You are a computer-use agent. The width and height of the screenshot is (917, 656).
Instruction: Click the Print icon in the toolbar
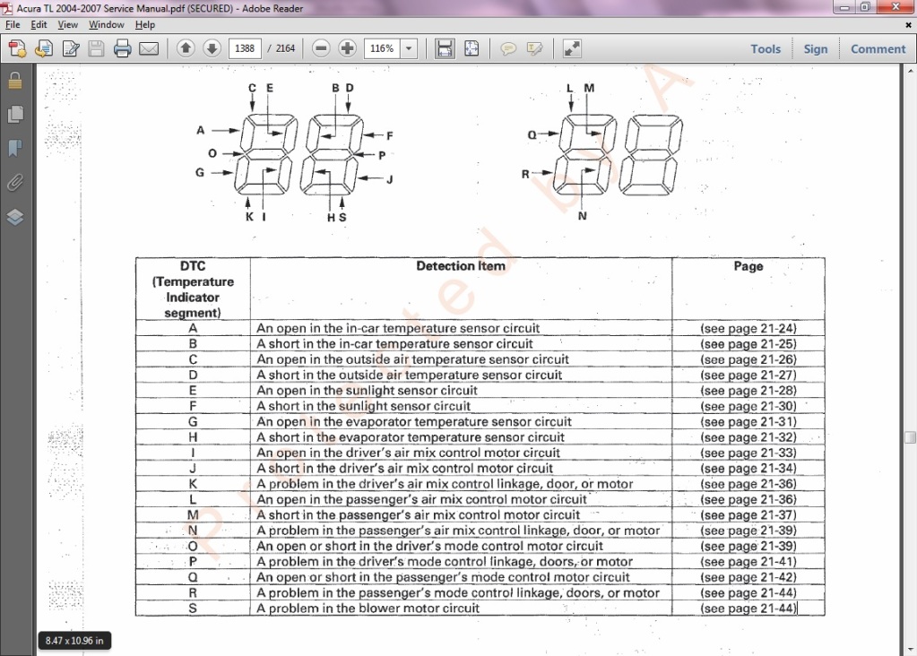[x=123, y=48]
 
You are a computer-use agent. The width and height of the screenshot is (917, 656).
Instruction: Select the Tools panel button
[x=766, y=49]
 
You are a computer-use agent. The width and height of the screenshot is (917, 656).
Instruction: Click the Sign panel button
[x=816, y=49]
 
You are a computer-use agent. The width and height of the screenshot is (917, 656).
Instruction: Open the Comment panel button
[x=878, y=49]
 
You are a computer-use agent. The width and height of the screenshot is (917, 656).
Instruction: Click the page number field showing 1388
[x=245, y=48]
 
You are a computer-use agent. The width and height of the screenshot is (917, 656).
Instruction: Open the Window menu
[x=106, y=24]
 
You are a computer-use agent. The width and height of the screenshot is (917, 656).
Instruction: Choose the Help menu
[x=145, y=24]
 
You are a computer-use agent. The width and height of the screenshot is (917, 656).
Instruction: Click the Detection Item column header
[x=461, y=266]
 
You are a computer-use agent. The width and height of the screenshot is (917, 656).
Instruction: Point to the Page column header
[x=748, y=266]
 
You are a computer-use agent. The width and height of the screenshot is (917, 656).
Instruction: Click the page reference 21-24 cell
[x=748, y=328]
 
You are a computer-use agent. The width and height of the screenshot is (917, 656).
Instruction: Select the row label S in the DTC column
[x=193, y=609]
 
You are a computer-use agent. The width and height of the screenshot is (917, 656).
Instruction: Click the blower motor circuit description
[x=368, y=609]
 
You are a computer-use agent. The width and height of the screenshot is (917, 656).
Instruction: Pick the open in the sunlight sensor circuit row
[x=368, y=391]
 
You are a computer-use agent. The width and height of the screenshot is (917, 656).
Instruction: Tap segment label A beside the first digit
[x=201, y=130]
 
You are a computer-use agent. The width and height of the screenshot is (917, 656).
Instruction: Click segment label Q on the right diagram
[x=532, y=134]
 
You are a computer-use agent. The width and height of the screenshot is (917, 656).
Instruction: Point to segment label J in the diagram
[x=390, y=179]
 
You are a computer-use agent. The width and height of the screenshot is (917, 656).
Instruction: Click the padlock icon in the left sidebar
[x=15, y=81]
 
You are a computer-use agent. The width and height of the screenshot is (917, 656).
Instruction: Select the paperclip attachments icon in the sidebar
[x=15, y=183]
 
